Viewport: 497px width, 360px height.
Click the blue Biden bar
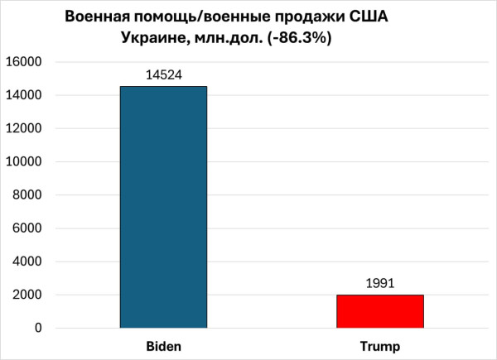tap(163, 207)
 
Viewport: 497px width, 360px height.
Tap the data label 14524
tap(163, 75)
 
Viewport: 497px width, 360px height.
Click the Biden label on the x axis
tap(163, 344)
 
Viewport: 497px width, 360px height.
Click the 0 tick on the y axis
tap(39, 329)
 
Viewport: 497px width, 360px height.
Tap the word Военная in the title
tap(97, 17)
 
